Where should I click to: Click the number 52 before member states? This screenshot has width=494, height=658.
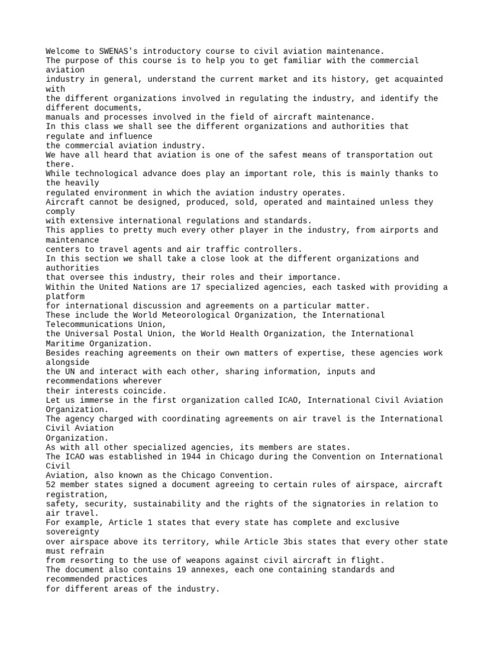tap(51, 485)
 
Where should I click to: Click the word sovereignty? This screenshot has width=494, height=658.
tap(72, 531)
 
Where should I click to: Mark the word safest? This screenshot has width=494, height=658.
tap(275, 155)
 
